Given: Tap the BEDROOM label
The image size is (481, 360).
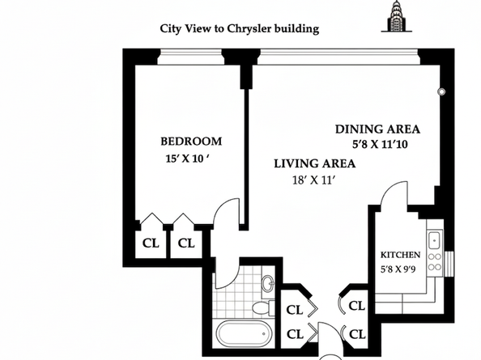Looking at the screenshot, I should click(x=190, y=142).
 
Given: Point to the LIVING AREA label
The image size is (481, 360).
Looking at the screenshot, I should click(x=314, y=163).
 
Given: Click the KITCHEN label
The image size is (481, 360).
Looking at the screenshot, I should click(x=400, y=252).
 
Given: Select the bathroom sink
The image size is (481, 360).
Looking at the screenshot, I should click(x=267, y=284).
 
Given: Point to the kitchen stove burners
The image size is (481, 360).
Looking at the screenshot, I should click(x=435, y=262).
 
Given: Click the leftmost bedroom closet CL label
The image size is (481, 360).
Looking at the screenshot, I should click(x=151, y=243).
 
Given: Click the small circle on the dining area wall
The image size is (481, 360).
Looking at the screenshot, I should click(x=441, y=92).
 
